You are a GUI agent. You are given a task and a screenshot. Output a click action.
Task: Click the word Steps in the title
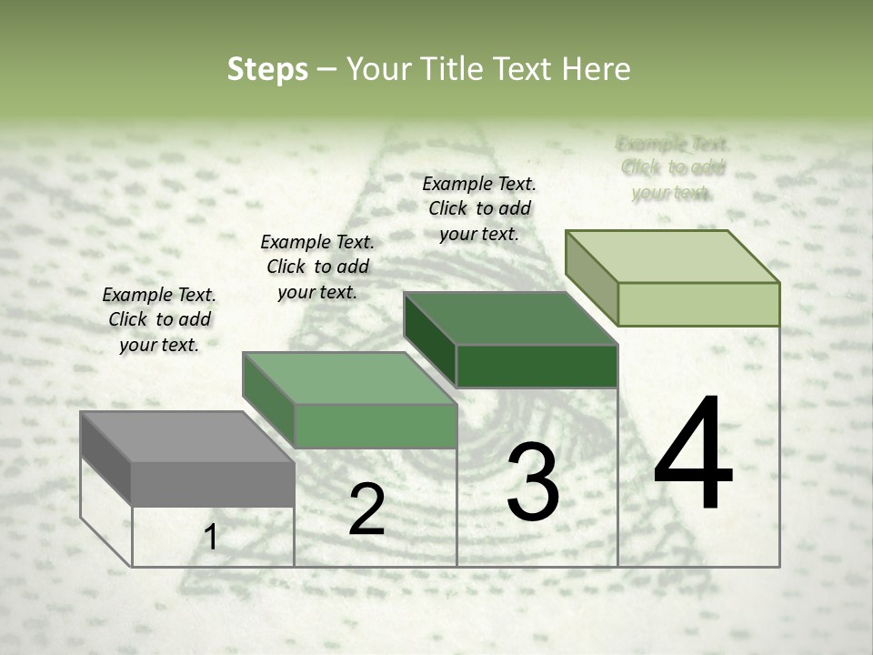click(x=266, y=69)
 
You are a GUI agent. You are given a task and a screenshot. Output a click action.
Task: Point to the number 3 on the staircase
click(x=532, y=482)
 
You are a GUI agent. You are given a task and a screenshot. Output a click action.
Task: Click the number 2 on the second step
click(x=366, y=509)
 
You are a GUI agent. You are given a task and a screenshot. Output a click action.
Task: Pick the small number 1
click(x=211, y=537)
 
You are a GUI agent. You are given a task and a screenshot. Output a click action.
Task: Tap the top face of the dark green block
click(x=509, y=318)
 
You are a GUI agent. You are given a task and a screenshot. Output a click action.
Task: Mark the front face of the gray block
click(x=213, y=484)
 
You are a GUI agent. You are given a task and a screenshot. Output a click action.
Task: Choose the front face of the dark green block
click(x=537, y=367)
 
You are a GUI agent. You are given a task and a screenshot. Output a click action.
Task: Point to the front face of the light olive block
click(x=698, y=304)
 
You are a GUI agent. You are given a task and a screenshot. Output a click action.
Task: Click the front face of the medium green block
click(x=375, y=426)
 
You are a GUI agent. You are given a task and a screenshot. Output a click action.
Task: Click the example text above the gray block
click(x=159, y=319)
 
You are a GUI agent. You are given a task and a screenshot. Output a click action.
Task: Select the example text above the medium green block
click(x=317, y=267)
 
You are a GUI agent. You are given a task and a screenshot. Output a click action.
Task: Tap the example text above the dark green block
click(x=479, y=208)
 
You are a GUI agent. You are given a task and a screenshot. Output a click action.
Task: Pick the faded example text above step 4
click(x=672, y=167)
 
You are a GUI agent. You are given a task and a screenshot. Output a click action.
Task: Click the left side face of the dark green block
click(x=429, y=339)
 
